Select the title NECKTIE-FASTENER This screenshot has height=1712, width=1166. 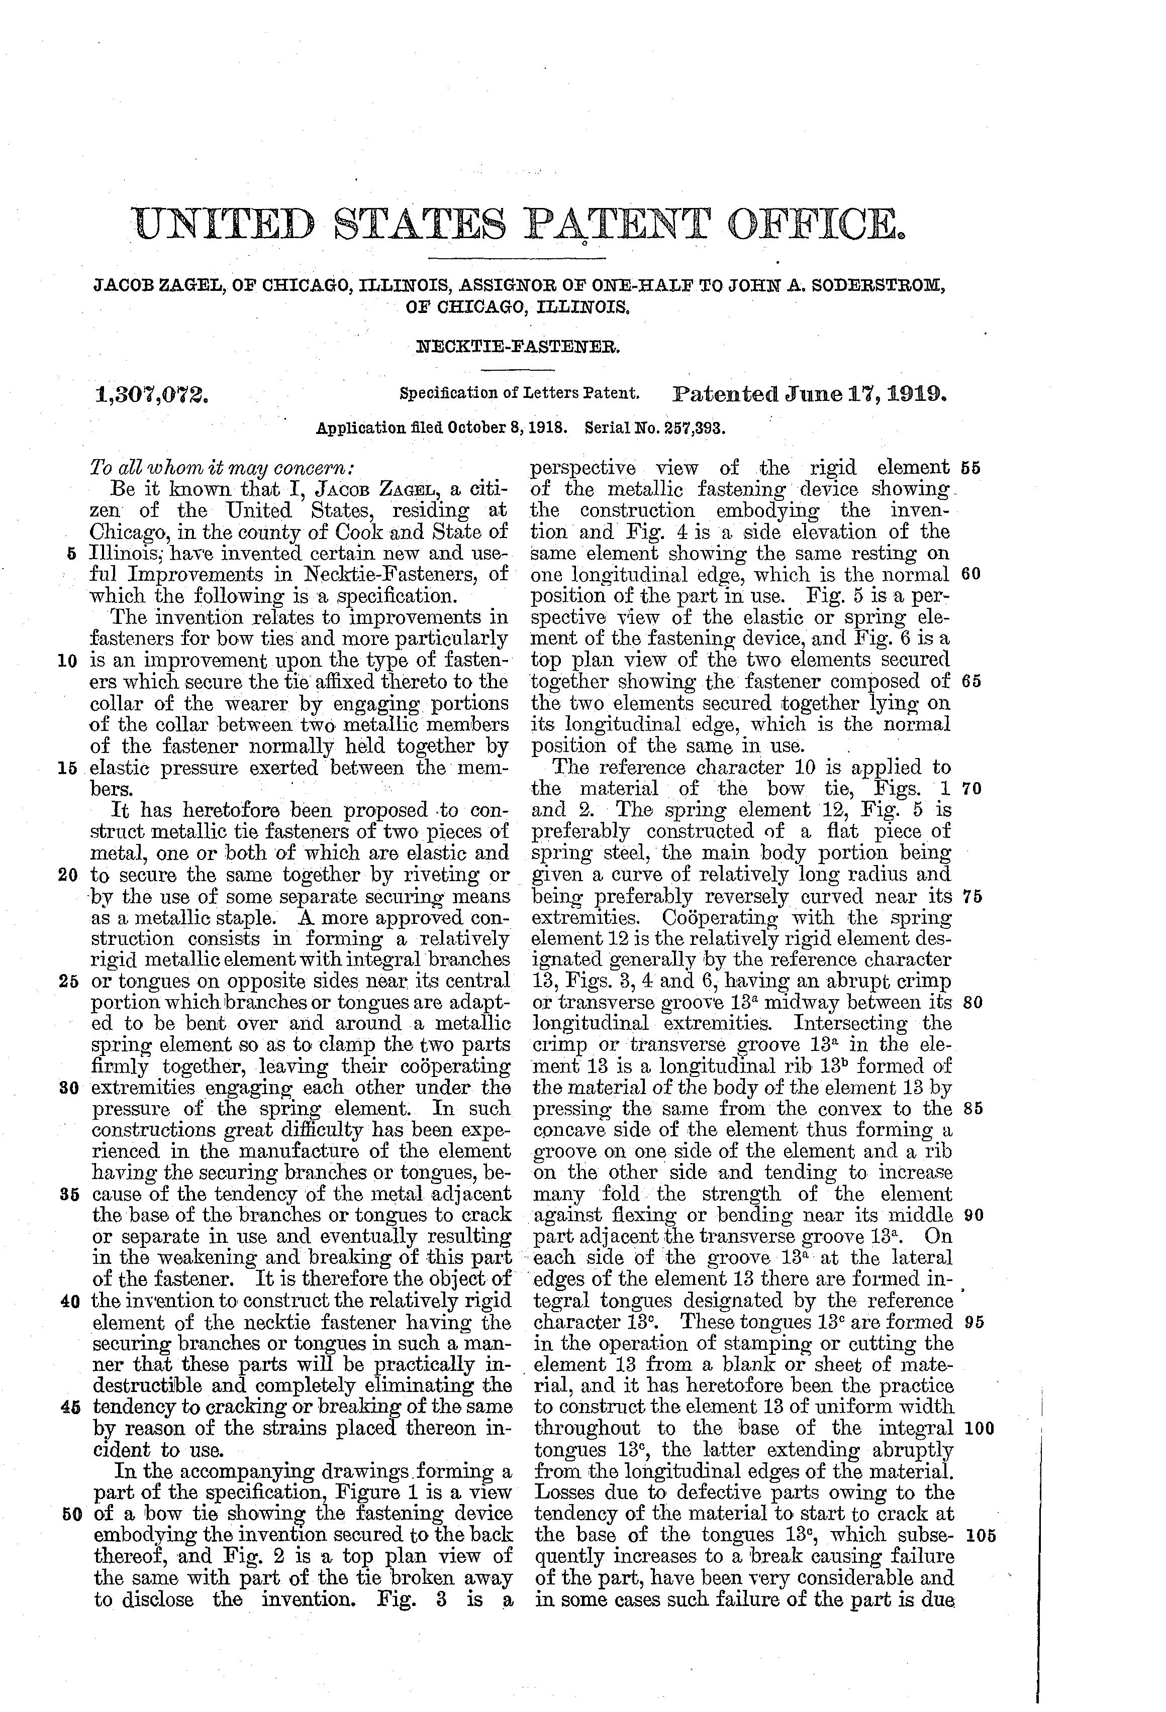(518, 344)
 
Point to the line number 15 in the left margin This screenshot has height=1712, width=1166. (67, 768)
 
